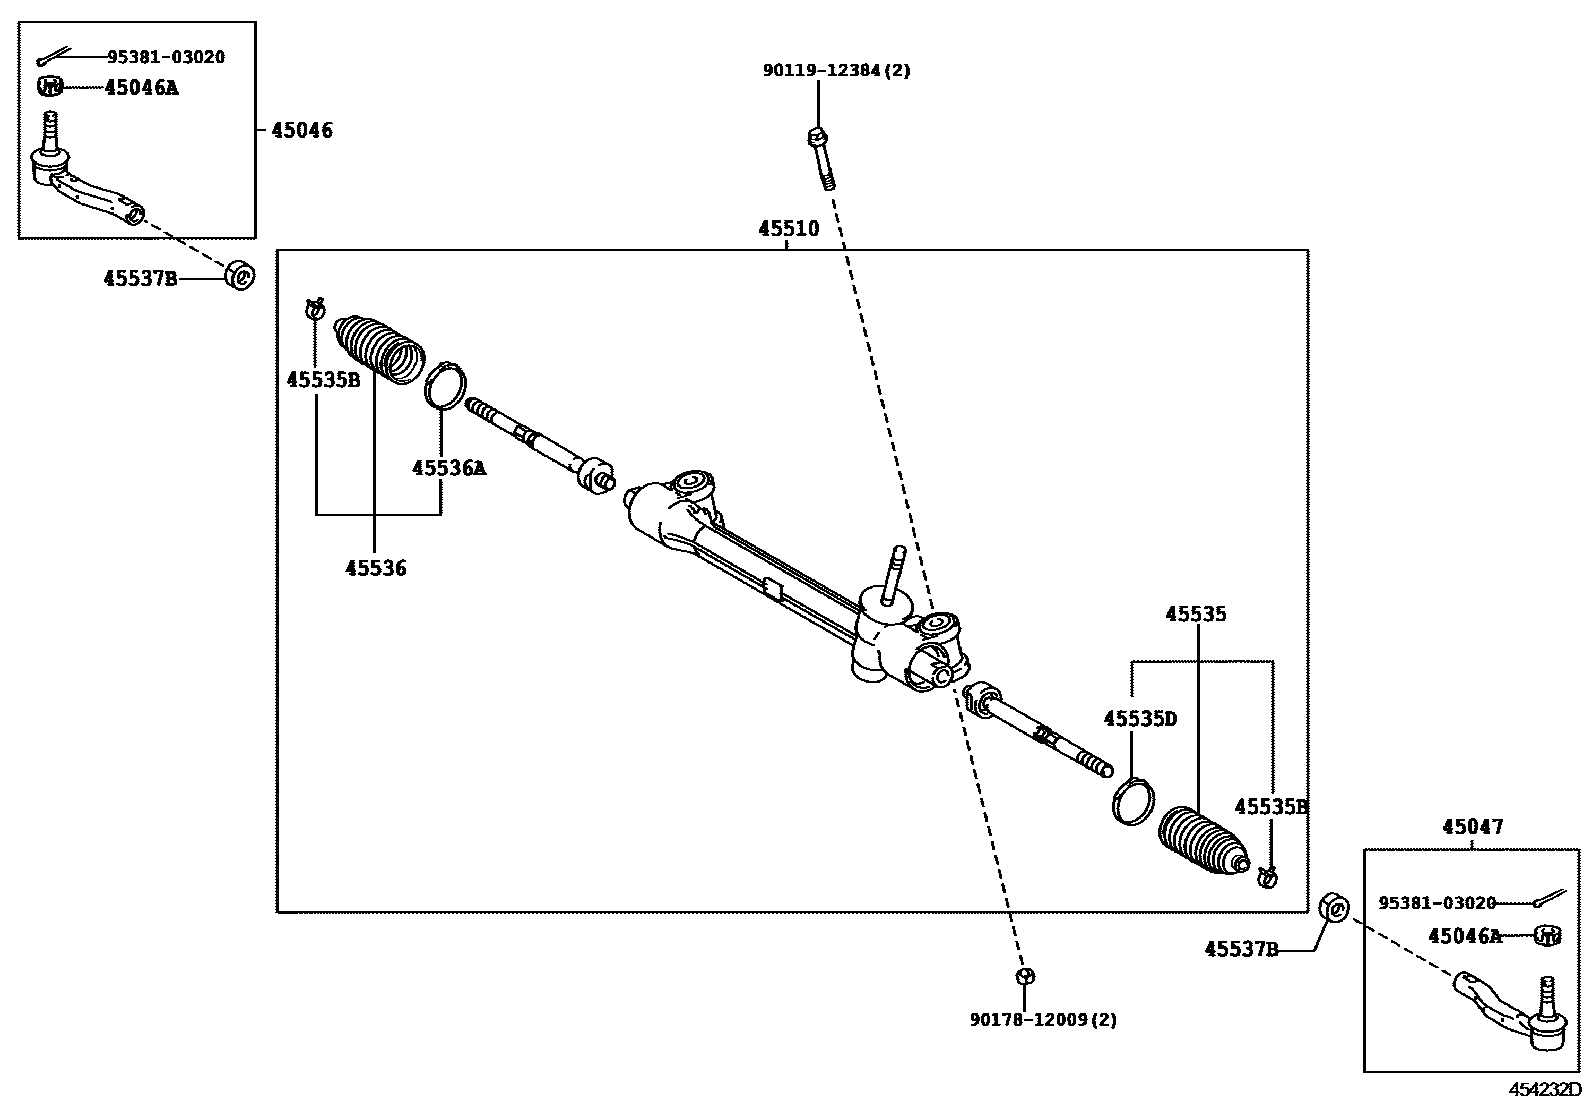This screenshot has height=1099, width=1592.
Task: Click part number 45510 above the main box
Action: (788, 229)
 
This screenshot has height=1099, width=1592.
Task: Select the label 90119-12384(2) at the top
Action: (837, 71)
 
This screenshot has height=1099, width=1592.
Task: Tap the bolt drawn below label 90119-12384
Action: (821, 158)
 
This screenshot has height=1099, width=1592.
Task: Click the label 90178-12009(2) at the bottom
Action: (1043, 1020)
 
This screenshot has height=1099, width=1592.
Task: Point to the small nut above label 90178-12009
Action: (1023, 976)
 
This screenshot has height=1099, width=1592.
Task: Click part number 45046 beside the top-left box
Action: (302, 130)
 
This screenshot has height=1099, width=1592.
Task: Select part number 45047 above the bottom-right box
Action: (1472, 827)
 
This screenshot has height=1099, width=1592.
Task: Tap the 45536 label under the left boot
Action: (376, 568)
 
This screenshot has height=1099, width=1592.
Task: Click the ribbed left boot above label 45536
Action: (379, 349)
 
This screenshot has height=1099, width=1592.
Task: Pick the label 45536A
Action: (449, 467)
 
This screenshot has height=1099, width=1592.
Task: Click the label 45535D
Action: (1140, 718)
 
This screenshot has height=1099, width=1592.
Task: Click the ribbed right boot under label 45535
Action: (1201, 845)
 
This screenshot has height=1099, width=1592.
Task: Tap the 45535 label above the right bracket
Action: (1195, 614)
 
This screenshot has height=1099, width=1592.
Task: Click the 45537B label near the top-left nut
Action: (140, 278)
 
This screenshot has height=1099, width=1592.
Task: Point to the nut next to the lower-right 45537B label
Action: (1334, 907)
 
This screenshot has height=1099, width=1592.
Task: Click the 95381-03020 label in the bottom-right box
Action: (1437, 903)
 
